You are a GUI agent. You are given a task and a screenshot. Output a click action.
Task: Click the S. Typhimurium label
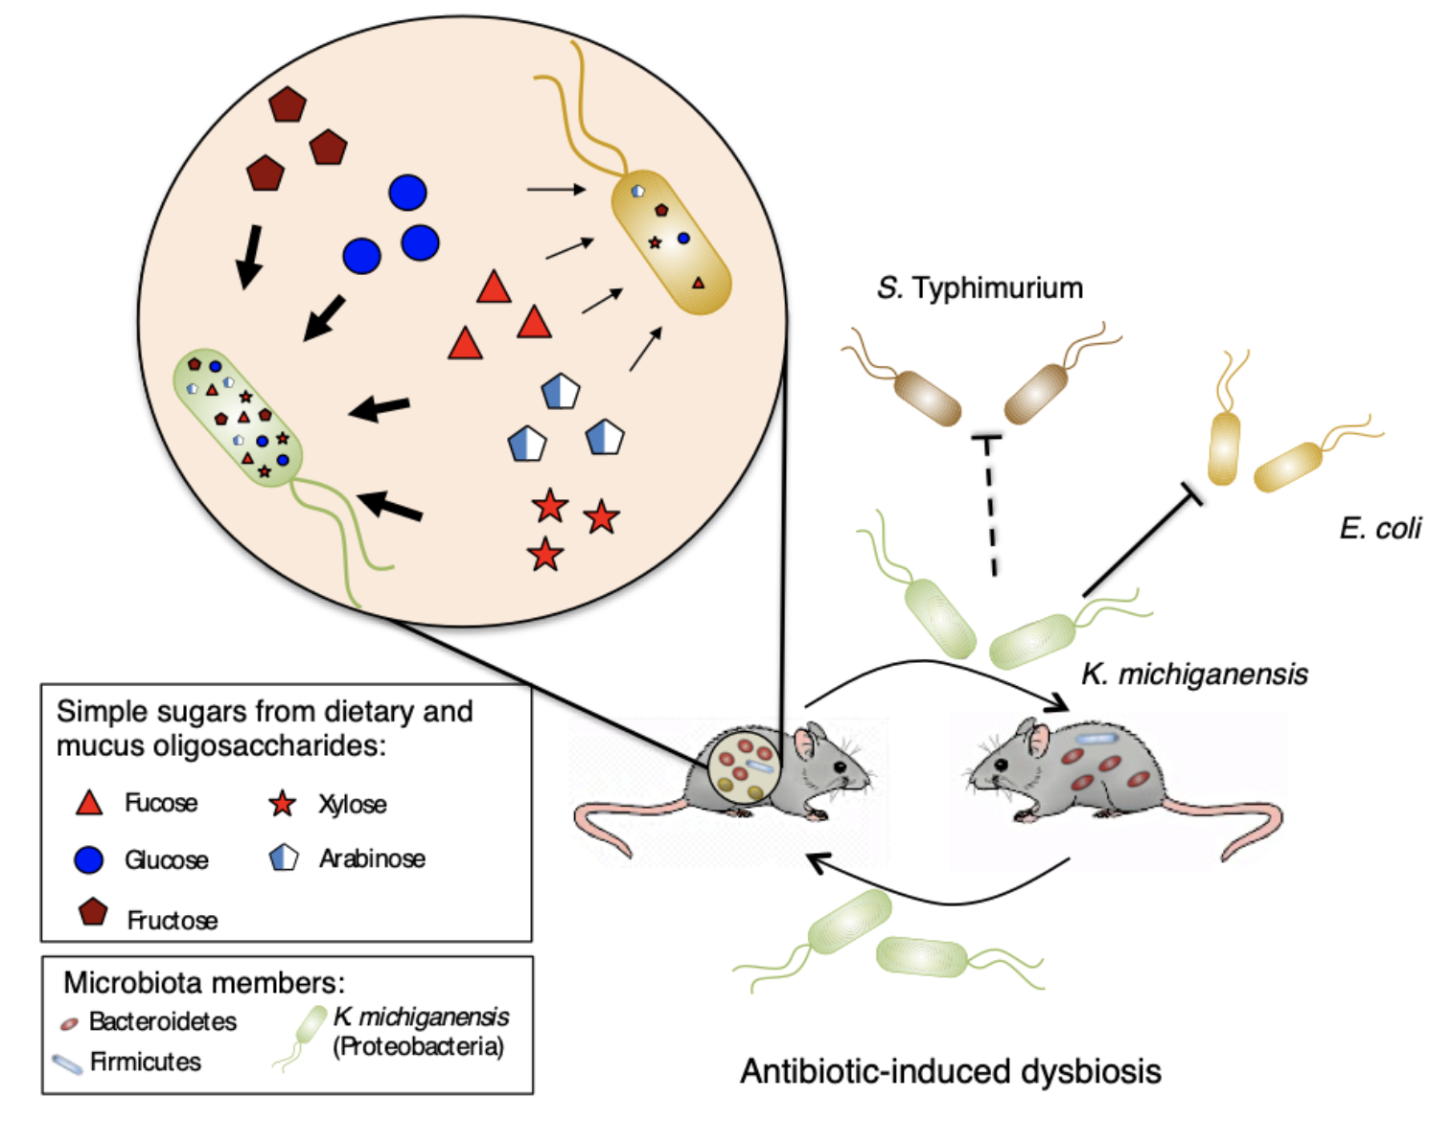(x=980, y=287)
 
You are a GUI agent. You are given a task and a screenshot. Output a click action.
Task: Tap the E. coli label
(x=1379, y=528)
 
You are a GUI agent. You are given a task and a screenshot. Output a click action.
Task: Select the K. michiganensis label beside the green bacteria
(x=1194, y=675)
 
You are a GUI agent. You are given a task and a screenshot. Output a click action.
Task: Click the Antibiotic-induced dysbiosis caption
(x=950, y=1071)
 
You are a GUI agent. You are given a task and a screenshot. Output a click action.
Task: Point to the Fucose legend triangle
(x=89, y=803)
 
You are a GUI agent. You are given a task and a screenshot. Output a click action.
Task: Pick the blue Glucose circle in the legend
(x=89, y=859)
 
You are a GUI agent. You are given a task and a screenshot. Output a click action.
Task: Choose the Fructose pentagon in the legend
(x=93, y=912)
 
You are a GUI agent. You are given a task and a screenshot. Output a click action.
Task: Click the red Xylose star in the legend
(x=282, y=804)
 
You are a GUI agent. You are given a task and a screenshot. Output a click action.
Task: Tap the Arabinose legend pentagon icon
(x=284, y=858)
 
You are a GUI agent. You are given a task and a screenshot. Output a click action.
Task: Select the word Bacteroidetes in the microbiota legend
(x=163, y=1021)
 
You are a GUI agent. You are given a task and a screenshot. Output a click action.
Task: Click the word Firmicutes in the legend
(x=146, y=1062)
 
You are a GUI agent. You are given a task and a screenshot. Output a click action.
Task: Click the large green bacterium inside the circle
(x=238, y=418)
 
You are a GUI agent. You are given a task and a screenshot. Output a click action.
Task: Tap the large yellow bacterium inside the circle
(x=671, y=241)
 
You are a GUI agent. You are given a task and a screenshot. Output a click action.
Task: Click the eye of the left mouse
(x=840, y=766)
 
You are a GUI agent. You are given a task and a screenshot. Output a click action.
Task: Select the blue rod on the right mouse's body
(x=1096, y=740)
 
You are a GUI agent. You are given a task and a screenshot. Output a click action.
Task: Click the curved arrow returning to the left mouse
(x=939, y=891)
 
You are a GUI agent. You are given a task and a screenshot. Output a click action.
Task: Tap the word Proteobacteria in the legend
(x=419, y=1046)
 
